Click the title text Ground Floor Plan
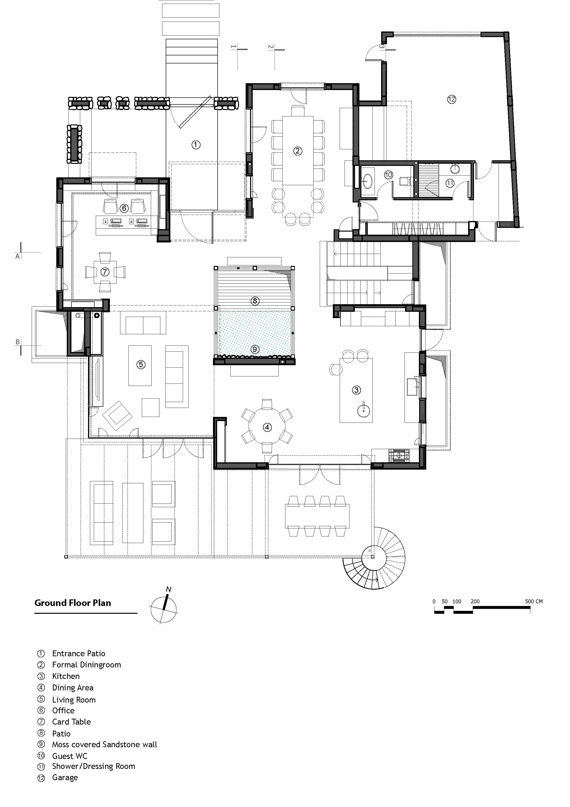click(x=73, y=603)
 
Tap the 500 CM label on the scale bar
click(x=534, y=601)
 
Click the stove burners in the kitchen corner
click(x=399, y=455)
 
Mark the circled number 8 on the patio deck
click(x=255, y=301)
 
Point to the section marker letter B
click(x=18, y=342)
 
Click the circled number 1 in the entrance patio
click(x=196, y=144)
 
